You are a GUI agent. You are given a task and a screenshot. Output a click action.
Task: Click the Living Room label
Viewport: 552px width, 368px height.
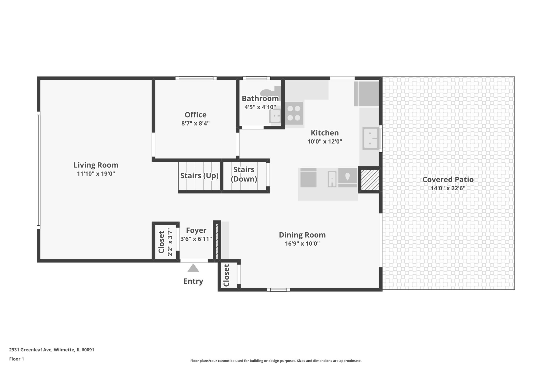[x=96, y=165]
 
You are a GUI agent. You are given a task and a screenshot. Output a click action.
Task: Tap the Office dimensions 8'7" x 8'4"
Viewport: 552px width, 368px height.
[x=195, y=123]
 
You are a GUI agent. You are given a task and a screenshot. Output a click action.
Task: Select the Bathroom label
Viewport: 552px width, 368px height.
[x=260, y=98]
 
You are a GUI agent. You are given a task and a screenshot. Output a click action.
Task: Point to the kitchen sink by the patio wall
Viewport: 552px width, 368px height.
[x=371, y=139]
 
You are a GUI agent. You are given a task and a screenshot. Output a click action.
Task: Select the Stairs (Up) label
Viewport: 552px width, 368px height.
[x=199, y=176]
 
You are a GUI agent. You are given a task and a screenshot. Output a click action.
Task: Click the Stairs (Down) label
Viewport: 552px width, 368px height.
[x=244, y=174]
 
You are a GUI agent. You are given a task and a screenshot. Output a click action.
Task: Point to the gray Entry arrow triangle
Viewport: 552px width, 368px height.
[x=193, y=268]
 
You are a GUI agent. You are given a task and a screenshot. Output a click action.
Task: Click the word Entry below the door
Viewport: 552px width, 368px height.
[x=193, y=281]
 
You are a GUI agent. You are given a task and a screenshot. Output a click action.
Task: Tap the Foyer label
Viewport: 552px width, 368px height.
[x=196, y=230]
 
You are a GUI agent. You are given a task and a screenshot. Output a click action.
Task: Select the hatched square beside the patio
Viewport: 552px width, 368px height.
[x=370, y=180]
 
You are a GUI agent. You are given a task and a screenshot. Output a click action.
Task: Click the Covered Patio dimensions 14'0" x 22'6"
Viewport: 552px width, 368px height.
[x=448, y=188]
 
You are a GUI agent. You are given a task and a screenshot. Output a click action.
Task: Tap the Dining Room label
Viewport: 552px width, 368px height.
[x=302, y=235]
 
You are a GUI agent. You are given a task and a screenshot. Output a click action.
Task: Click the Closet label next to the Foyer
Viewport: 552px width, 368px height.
[x=161, y=242]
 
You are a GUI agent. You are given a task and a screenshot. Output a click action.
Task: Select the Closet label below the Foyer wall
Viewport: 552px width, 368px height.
[x=226, y=275]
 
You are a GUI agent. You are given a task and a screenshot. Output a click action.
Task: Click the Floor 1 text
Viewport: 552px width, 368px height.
[x=16, y=359]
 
